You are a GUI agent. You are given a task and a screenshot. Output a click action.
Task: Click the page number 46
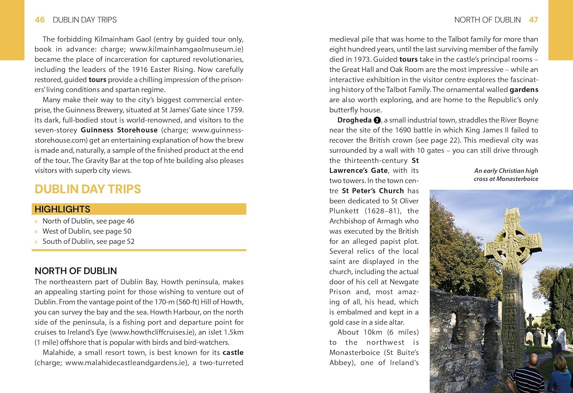click(40, 20)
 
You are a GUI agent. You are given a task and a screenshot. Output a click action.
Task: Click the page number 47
click(533, 20)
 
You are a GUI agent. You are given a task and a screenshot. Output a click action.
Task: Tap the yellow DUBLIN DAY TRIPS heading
click(87, 189)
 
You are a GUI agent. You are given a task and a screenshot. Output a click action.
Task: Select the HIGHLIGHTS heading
click(63, 209)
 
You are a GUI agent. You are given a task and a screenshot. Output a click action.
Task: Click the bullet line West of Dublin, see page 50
click(87, 231)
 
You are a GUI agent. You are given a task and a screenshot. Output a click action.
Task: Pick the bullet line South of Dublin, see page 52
click(88, 241)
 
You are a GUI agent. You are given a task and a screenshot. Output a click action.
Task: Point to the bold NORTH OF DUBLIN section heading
click(76, 271)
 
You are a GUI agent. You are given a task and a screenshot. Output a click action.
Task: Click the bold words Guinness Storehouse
click(119, 130)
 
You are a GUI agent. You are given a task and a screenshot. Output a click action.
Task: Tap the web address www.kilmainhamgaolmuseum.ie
click(186, 49)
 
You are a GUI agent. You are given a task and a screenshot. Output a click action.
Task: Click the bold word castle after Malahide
click(233, 353)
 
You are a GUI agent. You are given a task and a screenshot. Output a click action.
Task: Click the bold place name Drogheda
click(354, 120)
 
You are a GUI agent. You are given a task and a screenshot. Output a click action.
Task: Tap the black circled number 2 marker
click(377, 120)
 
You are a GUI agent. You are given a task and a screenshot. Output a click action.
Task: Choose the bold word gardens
click(524, 90)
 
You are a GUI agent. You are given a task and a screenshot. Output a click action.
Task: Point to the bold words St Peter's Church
click(372, 191)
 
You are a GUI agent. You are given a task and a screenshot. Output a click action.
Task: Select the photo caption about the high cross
click(506, 175)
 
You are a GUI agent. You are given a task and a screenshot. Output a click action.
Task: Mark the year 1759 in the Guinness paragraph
click(235, 110)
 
